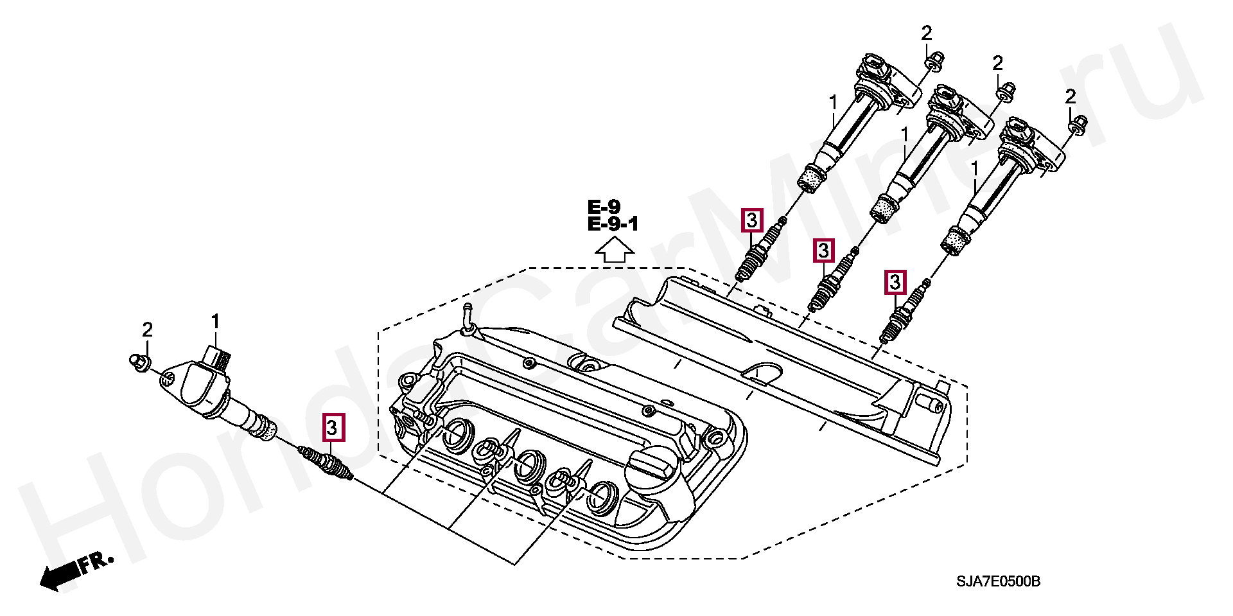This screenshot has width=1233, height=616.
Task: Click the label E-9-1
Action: (x=613, y=224)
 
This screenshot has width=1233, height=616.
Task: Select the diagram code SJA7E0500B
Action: (x=998, y=582)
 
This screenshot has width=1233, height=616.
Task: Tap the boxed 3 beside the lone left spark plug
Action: (x=333, y=427)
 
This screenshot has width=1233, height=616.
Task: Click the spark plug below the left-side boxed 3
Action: (x=328, y=464)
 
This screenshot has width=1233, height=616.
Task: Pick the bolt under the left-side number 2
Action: (x=138, y=361)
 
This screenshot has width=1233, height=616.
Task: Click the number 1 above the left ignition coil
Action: (x=216, y=321)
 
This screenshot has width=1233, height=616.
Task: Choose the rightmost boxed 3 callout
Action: (x=895, y=281)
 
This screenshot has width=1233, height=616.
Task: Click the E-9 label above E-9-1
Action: (x=604, y=207)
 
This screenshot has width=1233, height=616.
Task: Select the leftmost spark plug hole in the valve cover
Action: (x=457, y=434)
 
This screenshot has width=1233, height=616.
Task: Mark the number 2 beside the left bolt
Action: (x=148, y=330)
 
